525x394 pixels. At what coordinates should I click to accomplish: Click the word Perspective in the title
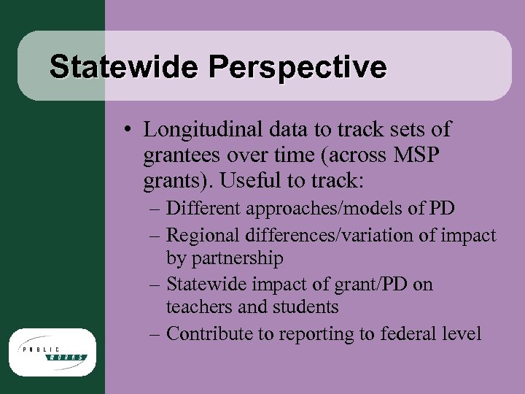[297, 67]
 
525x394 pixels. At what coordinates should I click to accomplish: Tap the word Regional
[203, 234]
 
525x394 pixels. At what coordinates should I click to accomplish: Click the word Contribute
[210, 333]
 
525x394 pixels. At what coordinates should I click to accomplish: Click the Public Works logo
[52, 353]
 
